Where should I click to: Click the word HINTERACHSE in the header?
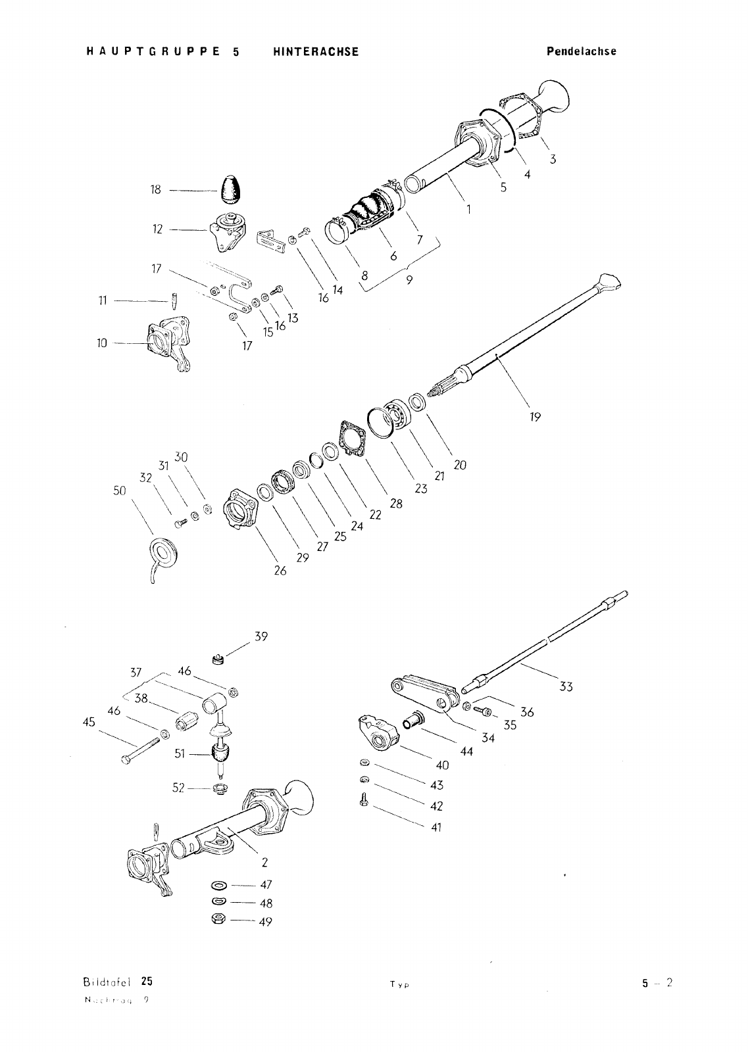pyautogui.click(x=316, y=52)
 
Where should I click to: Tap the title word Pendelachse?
pyautogui.click(x=582, y=51)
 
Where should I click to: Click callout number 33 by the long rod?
pyautogui.click(x=566, y=687)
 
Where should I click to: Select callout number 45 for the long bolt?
pyautogui.click(x=89, y=722)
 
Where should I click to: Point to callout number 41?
pyautogui.click(x=436, y=827)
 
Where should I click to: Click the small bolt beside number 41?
pyautogui.click(x=363, y=800)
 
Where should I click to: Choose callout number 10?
pyautogui.click(x=102, y=343)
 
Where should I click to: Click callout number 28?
pyautogui.click(x=396, y=504)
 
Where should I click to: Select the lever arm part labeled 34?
pyautogui.click(x=424, y=694)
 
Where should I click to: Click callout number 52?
pyautogui.click(x=179, y=787)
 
